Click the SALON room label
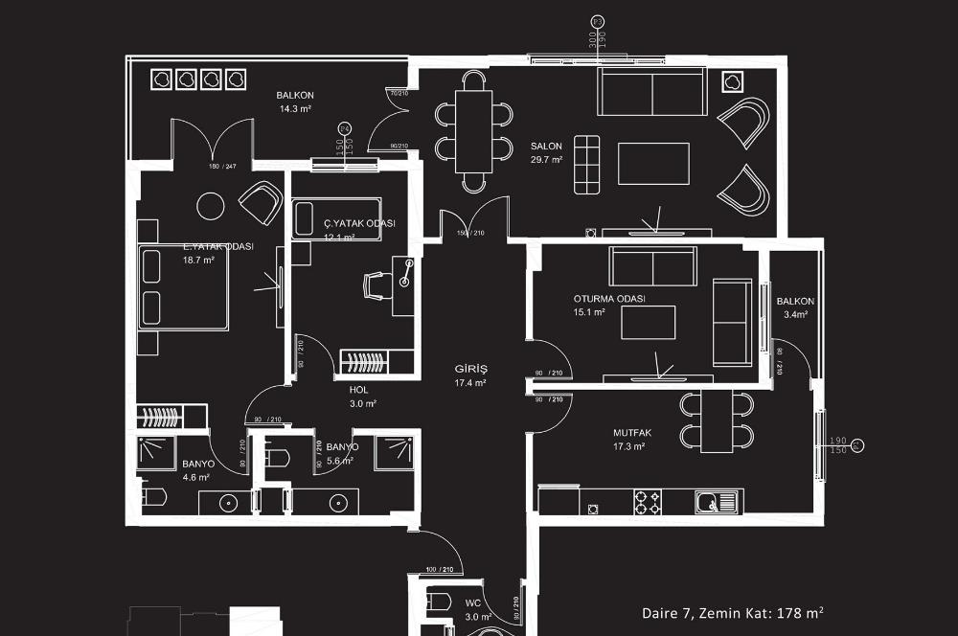(x=546, y=147)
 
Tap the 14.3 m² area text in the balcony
(x=296, y=109)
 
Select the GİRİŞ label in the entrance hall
(x=470, y=369)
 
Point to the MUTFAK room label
(x=631, y=432)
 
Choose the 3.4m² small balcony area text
(x=795, y=314)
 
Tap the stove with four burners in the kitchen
(x=648, y=500)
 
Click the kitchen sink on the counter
(x=715, y=500)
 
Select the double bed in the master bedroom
(x=183, y=286)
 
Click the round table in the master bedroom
(x=210, y=205)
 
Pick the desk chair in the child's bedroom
(x=376, y=285)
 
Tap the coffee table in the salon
(x=653, y=163)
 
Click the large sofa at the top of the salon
(x=651, y=91)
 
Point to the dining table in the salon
(x=473, y=130)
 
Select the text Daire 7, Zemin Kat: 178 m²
(x=733, y=612)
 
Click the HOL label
(x=359, y=390)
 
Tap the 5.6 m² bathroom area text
(x=340, y=461)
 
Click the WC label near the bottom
(x=472, y=603)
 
